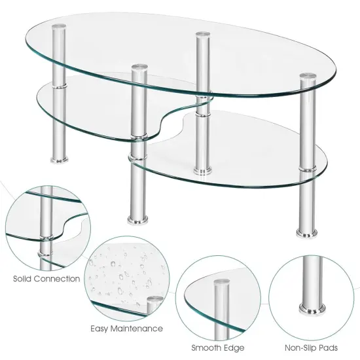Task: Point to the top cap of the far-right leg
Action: point(304,78)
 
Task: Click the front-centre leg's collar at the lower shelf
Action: point(137,157)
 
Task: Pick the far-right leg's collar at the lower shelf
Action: point(305,168)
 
